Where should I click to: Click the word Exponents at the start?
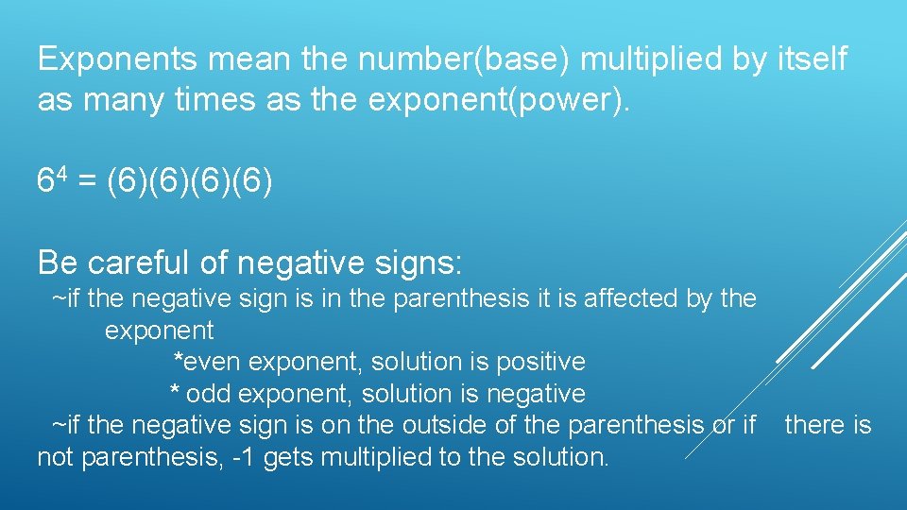(x=117, y=60)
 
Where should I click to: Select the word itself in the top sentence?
(x=812, y=60)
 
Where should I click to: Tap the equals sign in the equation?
(x=85, y=181)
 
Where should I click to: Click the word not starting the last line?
(x=56, y=458)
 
